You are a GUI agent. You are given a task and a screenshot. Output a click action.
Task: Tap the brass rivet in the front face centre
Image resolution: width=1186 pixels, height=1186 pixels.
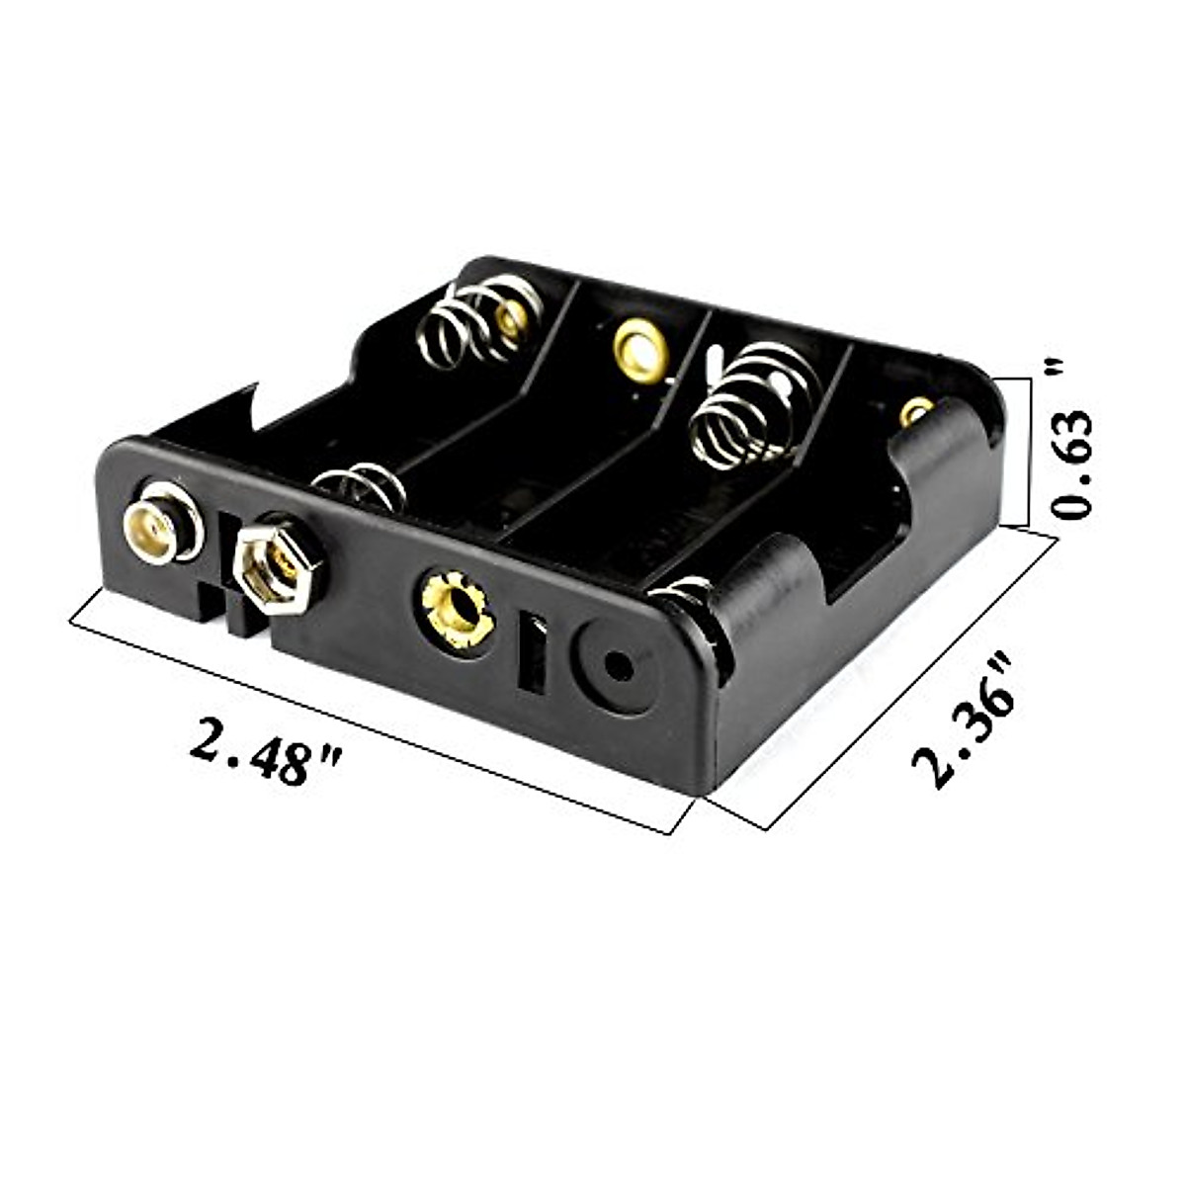(458, 610)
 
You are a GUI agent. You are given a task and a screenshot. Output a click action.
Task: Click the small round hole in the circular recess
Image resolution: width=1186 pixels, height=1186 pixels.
(619, 666)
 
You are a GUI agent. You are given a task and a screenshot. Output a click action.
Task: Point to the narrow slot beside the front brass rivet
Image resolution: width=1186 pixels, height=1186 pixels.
(533, 652)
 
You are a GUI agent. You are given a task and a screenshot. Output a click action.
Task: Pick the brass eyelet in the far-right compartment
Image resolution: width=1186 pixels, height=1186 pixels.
(916, 411)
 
